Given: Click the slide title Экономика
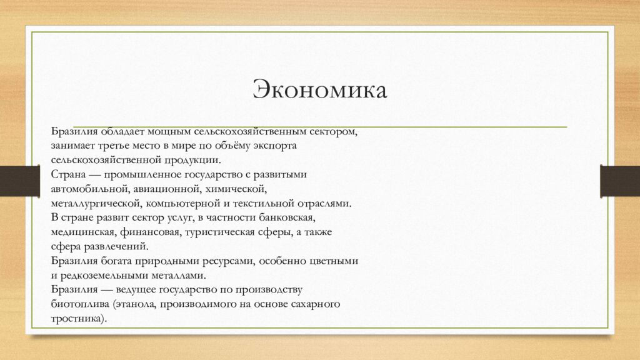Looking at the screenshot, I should point(319,91).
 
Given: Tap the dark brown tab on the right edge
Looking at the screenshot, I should point(619,181).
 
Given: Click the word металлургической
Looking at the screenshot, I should point(96,203).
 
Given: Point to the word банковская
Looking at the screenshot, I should point(285,217).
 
